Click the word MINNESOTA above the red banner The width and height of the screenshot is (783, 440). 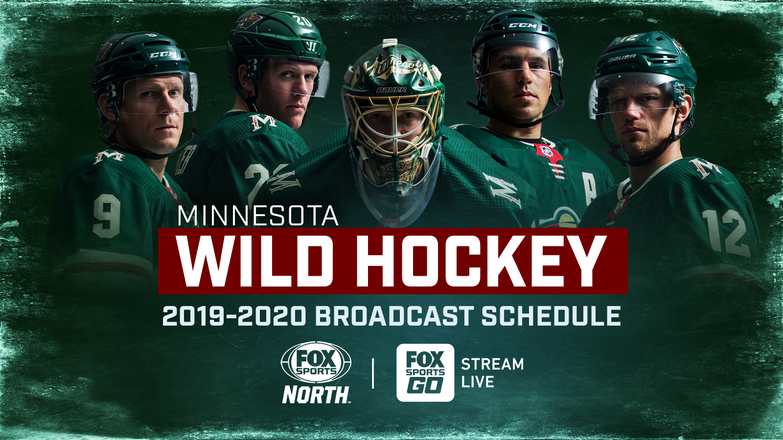(x=258, y=216)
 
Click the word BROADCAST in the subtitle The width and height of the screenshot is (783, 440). (x=394, y=316)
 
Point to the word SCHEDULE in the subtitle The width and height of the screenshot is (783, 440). (x=551, y=316)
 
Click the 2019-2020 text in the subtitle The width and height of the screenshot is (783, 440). (x=234, y=316)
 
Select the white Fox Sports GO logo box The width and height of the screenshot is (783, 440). (x=425, y=373)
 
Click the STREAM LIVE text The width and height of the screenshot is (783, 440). (x=492, y=373)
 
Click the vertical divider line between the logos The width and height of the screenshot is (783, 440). (x=373, y=373)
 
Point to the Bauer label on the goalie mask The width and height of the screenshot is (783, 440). (x=391, y=90)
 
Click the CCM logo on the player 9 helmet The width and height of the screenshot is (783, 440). (x=163, y=55)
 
